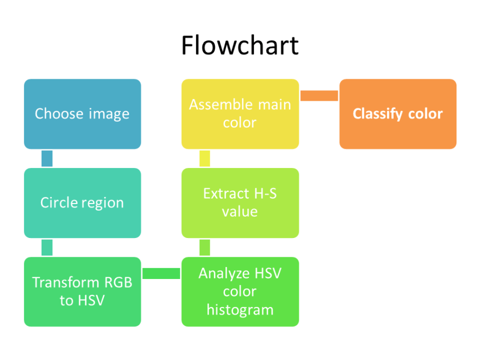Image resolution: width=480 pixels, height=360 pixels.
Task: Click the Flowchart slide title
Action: click(240, 45)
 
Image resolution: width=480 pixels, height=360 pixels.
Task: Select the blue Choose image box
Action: click(82, 114)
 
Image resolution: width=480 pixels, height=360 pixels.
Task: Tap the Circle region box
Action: click(82, 203)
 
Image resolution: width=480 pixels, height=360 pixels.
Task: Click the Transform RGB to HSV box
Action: click(82, 292)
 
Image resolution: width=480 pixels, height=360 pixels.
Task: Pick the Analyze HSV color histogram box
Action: click(240, 292)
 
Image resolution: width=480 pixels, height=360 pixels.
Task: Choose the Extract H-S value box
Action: click(240, 203)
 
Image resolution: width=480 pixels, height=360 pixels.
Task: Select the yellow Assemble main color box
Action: click(240, 114)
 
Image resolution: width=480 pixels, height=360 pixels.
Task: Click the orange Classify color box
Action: click(397, 114)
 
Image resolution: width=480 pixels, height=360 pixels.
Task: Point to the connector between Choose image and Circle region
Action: click(47, 158)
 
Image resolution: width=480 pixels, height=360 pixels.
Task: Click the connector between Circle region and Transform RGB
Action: click(47, 247)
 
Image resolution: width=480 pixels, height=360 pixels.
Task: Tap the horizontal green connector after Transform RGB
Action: click(161, 273)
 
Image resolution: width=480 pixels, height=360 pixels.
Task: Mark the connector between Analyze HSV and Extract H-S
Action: click(205, 247)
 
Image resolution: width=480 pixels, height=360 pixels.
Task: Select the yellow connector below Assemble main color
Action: click(205, 158)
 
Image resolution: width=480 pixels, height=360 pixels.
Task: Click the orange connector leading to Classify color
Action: click(319, 95)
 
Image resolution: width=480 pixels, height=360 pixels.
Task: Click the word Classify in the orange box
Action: click(374, 114)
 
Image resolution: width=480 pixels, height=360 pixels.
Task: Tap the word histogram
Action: click(240, 310)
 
